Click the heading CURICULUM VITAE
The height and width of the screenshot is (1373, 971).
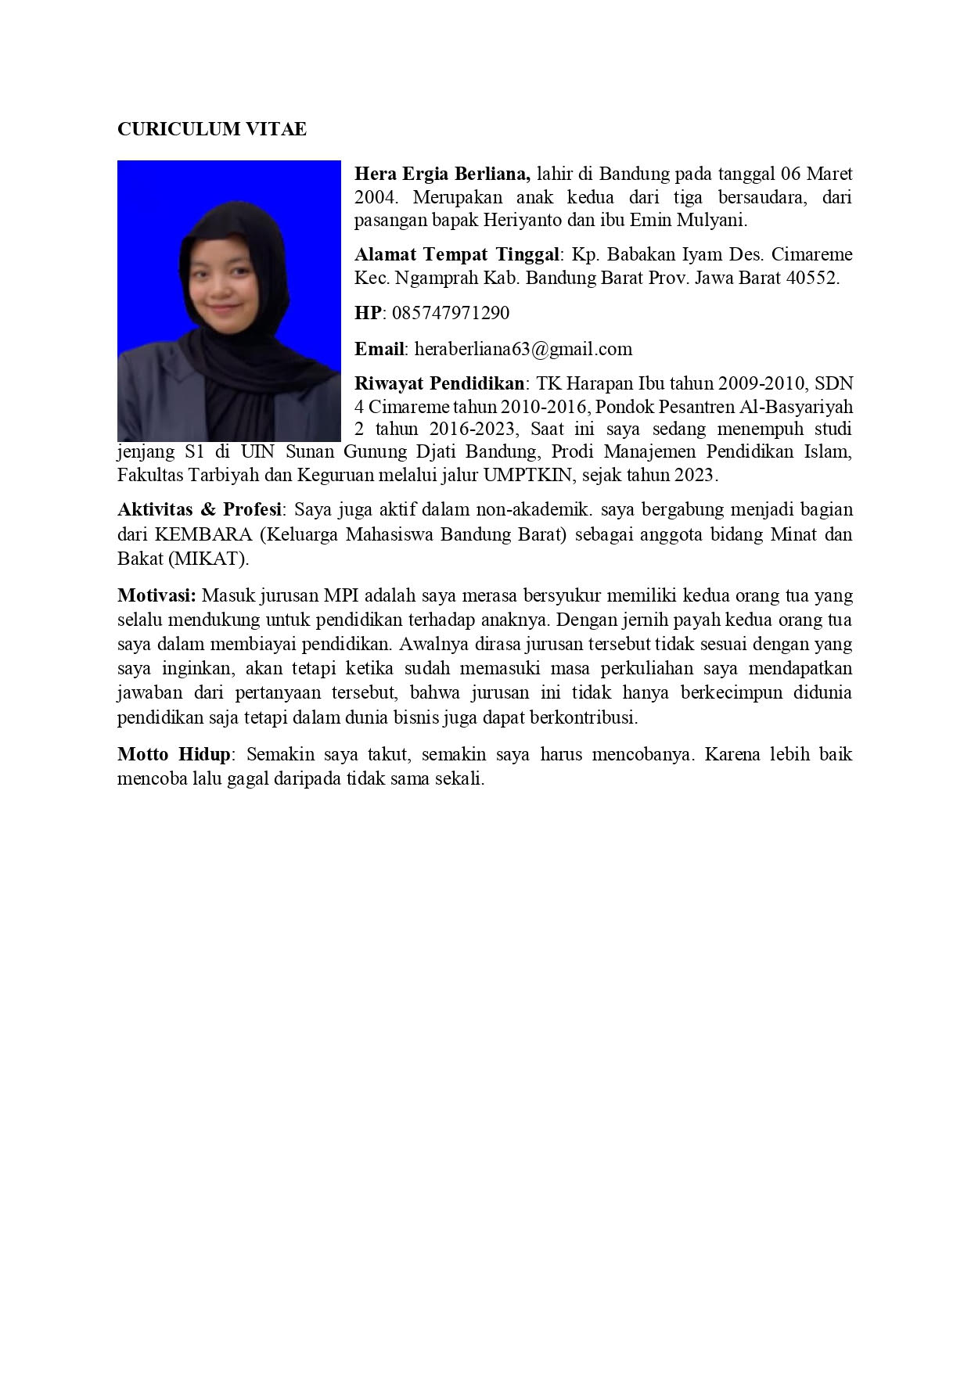[211, 130]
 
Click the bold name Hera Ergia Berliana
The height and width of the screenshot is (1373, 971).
[443, 173]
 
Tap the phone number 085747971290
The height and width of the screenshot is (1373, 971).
[450, 313]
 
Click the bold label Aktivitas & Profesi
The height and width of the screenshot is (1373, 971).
[200, 510]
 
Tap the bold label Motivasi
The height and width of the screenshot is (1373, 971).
[156, 595]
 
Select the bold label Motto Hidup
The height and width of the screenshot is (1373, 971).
[174, 755]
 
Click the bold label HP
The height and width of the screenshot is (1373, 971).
[367, 313]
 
